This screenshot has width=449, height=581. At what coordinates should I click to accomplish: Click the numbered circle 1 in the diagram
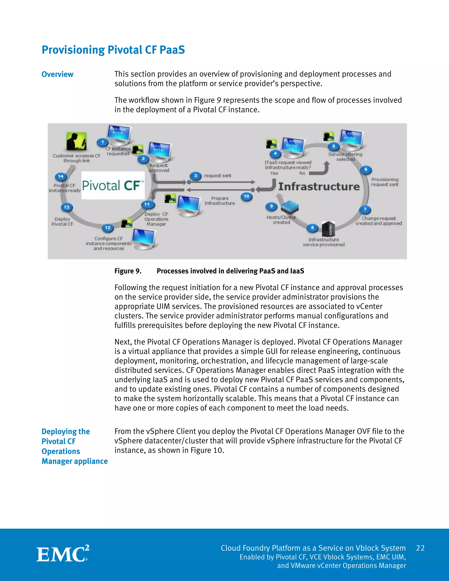(x=102, y=142)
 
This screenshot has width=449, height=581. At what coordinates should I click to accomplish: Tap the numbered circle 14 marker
(x=61, y=176)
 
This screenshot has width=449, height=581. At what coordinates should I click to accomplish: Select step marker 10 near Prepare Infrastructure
(x=246, y=196)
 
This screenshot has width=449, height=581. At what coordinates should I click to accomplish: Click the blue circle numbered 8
(x=312, y=228)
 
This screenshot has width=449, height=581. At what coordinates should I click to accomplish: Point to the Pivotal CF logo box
(x=113, y=185)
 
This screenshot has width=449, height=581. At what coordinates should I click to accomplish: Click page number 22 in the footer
(x=420, y=548)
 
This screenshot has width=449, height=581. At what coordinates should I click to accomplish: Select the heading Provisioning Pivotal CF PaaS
(x=113, y=50)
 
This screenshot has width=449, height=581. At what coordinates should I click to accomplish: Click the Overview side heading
(x=57, y=74)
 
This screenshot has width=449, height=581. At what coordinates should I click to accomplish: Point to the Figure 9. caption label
(x=128, y=271)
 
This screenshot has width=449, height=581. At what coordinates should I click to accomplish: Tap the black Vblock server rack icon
(x=328, y=229)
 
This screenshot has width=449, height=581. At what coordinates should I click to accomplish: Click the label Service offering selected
(x=345, y=157)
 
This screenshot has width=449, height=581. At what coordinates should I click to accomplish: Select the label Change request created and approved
(x=378, y=221)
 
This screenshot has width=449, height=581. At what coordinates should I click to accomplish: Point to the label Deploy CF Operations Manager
(x=156, y=219)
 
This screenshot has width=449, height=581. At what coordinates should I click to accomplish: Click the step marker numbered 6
(x=366, y=169)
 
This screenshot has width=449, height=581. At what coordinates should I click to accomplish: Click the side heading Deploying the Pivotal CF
(x=66, y=436)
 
